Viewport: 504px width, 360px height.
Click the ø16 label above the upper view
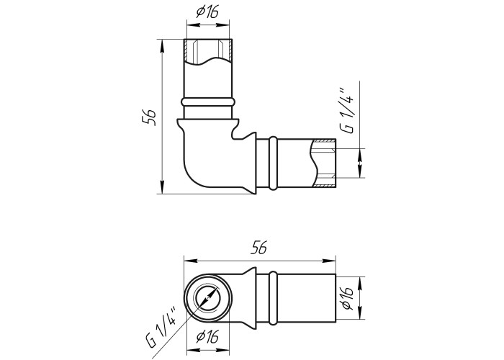click(x=207, y=12)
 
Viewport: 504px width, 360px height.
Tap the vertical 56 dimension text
click(x=150, y=117)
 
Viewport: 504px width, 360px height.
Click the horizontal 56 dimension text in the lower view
click(x=259, y=248)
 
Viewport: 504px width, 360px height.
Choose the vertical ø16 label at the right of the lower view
click(x=347, y=297)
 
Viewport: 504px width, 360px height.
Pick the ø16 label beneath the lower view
click(x=207, y=337)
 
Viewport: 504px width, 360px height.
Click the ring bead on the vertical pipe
click(x=207, y=102)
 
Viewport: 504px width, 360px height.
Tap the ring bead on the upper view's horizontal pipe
click(x=273, y=163)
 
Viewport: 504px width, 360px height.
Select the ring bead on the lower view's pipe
click(x=273, y=298)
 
